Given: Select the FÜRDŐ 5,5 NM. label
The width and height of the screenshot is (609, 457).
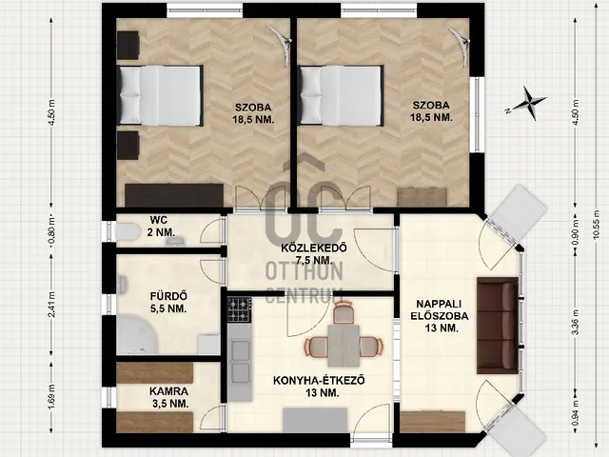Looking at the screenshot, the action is click(x=168, y=303).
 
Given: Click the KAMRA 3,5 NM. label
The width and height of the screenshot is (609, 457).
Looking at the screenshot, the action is click(x=169, y=397).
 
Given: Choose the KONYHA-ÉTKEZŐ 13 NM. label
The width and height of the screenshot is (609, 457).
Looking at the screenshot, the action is click(x=319, y=387).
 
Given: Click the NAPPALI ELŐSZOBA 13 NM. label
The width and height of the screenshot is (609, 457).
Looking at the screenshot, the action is click(x=440, y=315).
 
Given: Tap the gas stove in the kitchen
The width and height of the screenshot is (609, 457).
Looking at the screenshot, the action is click(x=239, y=309).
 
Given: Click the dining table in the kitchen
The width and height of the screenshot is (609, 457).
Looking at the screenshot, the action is click(x=344, y=346).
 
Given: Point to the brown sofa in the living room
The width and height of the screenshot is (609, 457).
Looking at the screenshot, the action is click(x=498, y=326).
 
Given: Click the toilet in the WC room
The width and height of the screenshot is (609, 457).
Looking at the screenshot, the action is click(x=128, y=232).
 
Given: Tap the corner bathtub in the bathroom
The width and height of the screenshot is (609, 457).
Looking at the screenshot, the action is click(x=137, y=334).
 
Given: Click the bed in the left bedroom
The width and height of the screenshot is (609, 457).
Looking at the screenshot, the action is click(x=160, y=95).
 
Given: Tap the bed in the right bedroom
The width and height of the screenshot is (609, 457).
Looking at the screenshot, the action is click(x=341, y=95).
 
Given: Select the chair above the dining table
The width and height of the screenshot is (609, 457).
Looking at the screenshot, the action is click(x=344, y=313).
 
